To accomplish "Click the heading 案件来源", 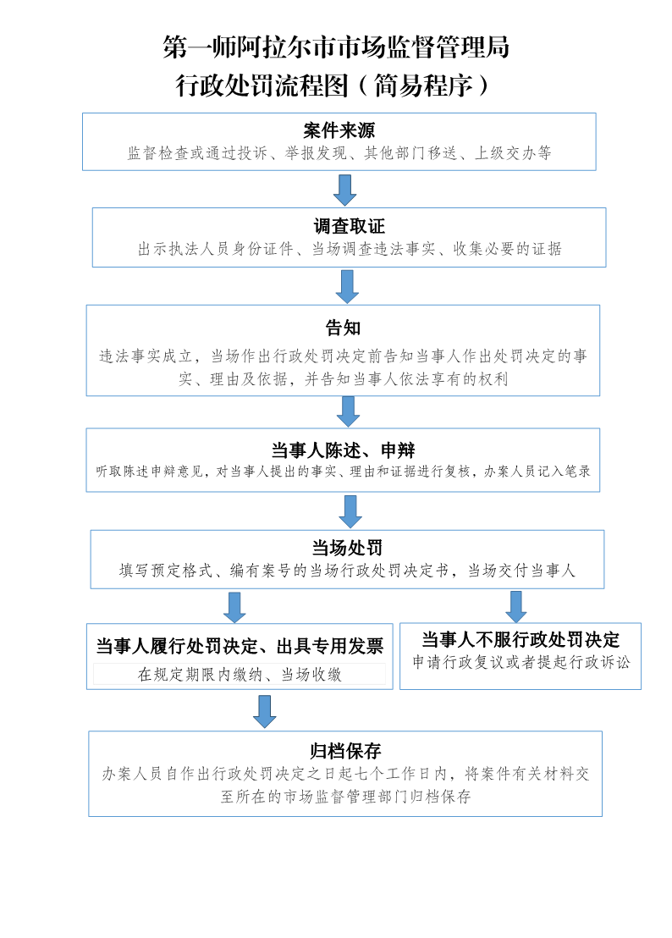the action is [x=339, y=130].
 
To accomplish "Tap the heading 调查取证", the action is [x=350, y=226].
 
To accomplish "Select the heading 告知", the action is [x=343, y=328].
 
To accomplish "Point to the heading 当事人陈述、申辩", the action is [x=343, y=450].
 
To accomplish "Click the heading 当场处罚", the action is [x=347, y=548].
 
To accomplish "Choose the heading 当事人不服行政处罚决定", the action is [x=521, y=639].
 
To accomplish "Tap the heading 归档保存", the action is [x=345, y=751].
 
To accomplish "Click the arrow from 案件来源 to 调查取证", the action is [x=345, y=190].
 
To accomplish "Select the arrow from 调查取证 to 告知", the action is [x=347, y=286].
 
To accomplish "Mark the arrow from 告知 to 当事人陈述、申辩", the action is [x=348, y=411].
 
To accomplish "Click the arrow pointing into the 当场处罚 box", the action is [x=350, y=511].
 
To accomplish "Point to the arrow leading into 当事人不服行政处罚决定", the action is [x=516, y=607].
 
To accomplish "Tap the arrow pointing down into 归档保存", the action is [x=264, y=711].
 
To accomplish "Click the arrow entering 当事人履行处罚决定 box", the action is [x=234, y=608].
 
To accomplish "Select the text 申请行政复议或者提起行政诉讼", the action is [x=521, y=662].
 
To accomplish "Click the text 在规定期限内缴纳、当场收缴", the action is [x=240, y=675].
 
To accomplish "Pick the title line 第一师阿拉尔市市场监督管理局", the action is [x=336, y=47].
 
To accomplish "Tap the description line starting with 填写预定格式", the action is [x=347, y=571].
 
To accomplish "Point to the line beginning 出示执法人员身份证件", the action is [x=350, y=249].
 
